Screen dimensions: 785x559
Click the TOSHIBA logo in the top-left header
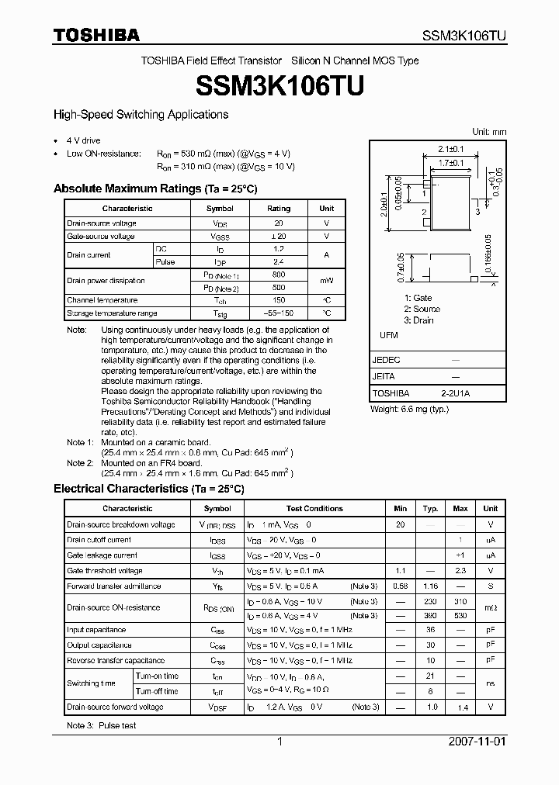(x=96, y=35)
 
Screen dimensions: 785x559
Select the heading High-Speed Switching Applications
(x=141, y=115)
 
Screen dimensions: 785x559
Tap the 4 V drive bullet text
(x=84, y=141)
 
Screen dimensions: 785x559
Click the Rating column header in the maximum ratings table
(x=279, y=209)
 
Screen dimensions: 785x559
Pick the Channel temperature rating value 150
(x=279, y=300)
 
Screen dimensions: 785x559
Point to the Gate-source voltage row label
(x=101, y=237)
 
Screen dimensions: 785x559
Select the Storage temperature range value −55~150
(x=279, y=313)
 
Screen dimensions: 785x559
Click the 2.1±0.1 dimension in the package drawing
(x=450, y=149)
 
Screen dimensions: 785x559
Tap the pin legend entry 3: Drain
(x=419, y=320)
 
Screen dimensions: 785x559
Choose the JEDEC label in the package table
(x=386, y=361)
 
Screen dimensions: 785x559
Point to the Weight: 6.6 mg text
(x=409, y=409)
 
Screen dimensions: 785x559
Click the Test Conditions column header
(x=314, y=509)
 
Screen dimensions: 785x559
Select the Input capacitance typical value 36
(x=430, y=630)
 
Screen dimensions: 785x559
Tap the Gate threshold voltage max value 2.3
(x=460, y=571)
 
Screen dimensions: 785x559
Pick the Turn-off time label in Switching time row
(x=157, y=691)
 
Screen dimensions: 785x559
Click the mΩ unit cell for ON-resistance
(x=491, y=608)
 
